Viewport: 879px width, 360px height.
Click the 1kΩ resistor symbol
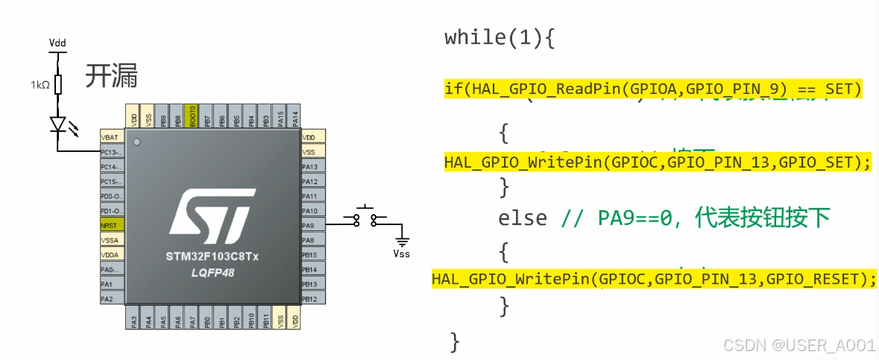[x=57, y=84]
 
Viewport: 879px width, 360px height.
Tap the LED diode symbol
[x=57, y=124]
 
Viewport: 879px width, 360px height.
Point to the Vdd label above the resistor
[x=57, y=42]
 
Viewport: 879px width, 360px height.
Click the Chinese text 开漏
[x=112, y=76]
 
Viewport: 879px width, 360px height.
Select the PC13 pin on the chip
[x=111, y=152]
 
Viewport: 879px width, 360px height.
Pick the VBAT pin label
[x=111, y=137]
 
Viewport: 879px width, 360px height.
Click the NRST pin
[x=111, y=225]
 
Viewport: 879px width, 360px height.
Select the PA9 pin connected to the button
[x=311, y=225]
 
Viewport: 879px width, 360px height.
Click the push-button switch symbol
[x=365, y=217]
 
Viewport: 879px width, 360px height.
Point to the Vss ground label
[x=401, y=253]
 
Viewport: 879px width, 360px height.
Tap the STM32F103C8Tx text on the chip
[x=212, y=257]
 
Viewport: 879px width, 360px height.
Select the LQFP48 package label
[x=212, y=274]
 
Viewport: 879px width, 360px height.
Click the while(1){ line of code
[x=500, y=39]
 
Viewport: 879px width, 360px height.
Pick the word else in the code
[x=523, y=218]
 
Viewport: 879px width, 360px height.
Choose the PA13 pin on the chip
[x=311, y=167]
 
